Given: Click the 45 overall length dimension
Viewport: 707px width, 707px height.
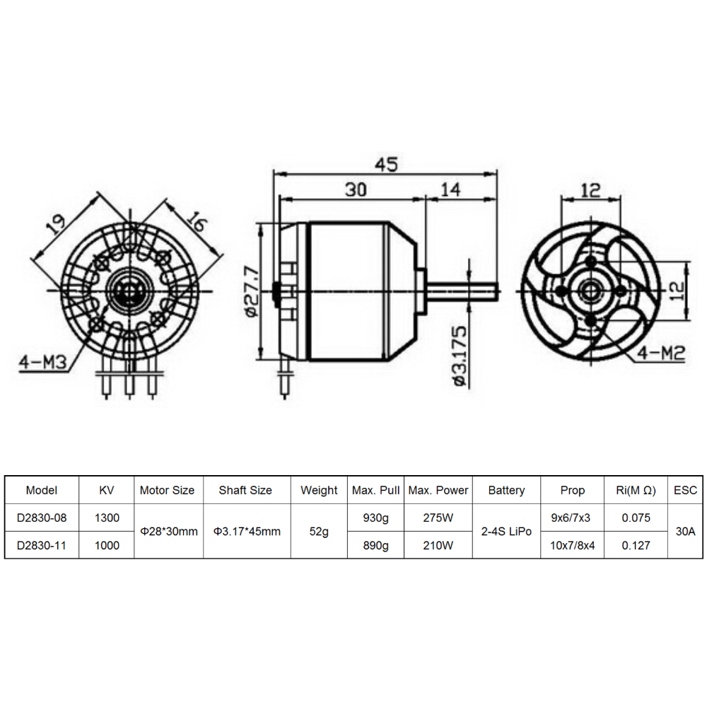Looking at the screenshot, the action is [x=387, y=165].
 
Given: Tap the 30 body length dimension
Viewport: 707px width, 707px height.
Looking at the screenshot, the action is [x=356, y=189].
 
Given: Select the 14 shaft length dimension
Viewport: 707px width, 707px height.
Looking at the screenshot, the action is [x=450, y=189].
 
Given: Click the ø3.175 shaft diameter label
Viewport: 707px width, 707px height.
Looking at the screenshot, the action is [x=460, y=356].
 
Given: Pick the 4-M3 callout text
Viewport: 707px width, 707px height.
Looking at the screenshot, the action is [x=42, y=361].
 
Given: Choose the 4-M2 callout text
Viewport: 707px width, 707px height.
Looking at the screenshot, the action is [x=661, y=353].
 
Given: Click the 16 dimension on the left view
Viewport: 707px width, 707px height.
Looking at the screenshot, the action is [x=197, y=222].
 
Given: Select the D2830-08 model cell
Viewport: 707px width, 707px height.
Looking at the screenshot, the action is [x=42, y=518].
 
